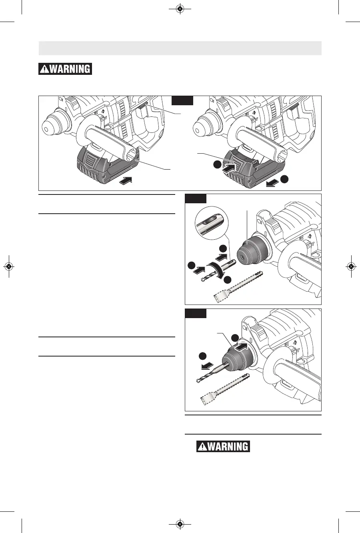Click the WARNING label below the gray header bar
[x=65, y=69]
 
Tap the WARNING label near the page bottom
[x=223, y=446]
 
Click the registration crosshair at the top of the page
[x=180, y=9]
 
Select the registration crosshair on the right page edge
[x=351, y=266]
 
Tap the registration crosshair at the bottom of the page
[x=180, y=524]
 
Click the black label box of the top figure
[x=182, y=100]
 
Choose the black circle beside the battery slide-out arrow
[x=284, y=180]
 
